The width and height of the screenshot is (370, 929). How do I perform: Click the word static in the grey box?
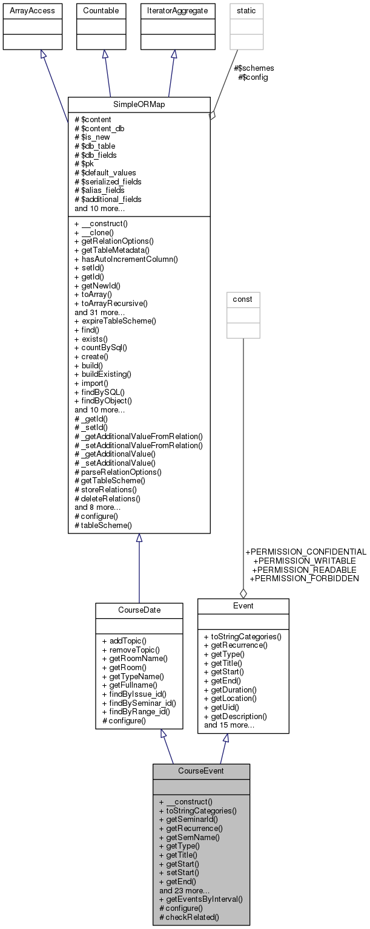click(x=246, y=10)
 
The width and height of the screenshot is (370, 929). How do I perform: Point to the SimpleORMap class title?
click(x=139, y=104)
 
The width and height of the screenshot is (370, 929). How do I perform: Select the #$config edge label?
click(x=253, y=77)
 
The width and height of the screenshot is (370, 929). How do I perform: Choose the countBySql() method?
click(x=101, y=348)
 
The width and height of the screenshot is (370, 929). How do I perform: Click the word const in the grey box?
click(x=243, y=299)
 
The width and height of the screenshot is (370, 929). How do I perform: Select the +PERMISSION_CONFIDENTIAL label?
click(x=305, y=552)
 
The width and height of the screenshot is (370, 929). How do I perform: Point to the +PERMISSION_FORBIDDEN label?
click(x=304, y=578)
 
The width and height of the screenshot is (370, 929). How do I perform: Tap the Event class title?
click(x=243, y=605)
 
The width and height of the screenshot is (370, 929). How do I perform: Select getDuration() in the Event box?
click(x=230, y=689)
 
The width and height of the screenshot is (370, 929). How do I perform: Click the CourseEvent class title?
click(x=201, y=771)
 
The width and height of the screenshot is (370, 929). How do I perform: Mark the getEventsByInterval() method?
click(x=200, y=899)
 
